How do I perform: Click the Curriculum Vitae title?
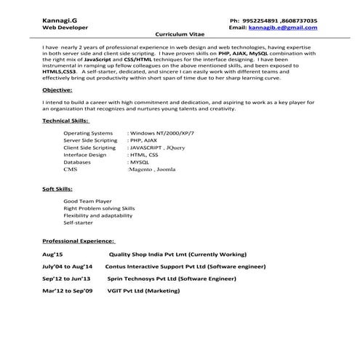pyautogui.click(x=180, y=35)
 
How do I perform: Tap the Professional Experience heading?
pyautogui.click(x=79, y=240)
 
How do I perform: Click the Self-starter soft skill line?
pyautogui.click(x=79, y=224)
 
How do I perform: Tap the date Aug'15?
pyautogui.click(x=53, y=255)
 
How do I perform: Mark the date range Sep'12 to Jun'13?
pyautogui.click(x=66, y=279)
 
